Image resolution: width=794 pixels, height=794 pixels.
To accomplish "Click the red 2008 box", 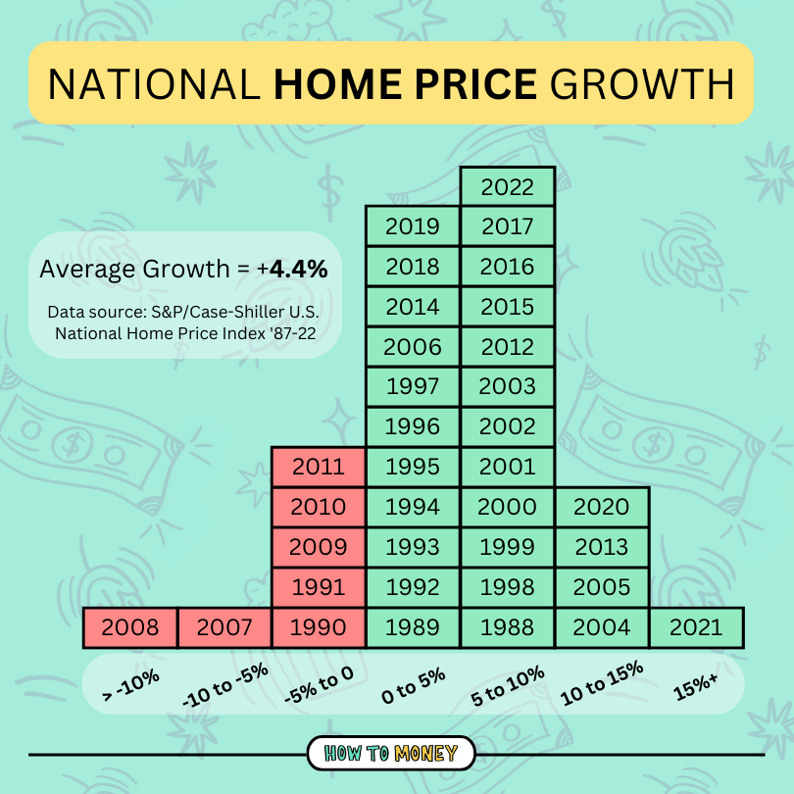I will pyautogui.click(x=130, y=627).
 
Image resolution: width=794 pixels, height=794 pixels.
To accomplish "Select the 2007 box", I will pyautogui.click(x=224, y=627).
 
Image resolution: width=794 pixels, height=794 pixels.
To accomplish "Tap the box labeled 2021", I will pyautogui.click(x=695, y=627).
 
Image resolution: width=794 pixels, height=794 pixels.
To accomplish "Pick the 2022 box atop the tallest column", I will pyautogui.click(x=508, y=186).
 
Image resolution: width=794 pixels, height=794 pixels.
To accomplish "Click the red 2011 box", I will pyautogui.click(x=319, y=467).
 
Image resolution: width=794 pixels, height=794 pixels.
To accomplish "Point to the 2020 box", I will pyautogui.click(x=602, y=507).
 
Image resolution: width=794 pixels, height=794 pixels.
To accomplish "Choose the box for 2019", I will pyautogui.click(x=413, y=226).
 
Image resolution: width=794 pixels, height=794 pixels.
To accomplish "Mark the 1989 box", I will pyautogui.click(x=413, y=627).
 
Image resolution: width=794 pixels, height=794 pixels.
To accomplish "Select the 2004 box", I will pyautogui.click(x=602, y=627).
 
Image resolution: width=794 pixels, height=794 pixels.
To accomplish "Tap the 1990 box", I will pyautogui.click(x=319, y=627).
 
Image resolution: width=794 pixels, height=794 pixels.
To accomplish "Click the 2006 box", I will pyautogui.click(x=413, y=347).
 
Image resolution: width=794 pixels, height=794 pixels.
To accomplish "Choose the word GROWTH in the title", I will pyautogui.click(x=642, y=83).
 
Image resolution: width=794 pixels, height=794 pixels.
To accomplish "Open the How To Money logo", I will pyautogui.click(x=391, y=754).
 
